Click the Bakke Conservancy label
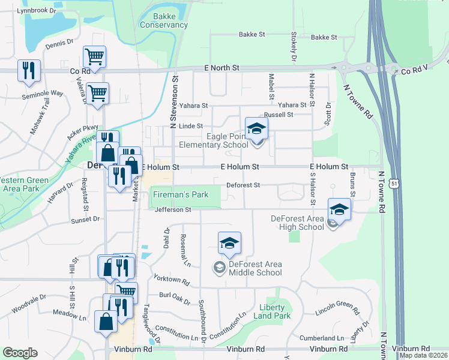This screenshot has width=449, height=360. (163, 20)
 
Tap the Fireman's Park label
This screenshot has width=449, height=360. (180, 195)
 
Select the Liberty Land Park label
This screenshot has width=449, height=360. (272, 311)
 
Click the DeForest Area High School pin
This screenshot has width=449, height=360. (339, 210)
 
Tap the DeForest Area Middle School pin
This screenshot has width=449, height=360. (229, 243)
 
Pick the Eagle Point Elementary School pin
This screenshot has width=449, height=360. (256, 128)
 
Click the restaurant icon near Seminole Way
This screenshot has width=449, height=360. (29, 71)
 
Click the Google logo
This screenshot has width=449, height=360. (20, 353)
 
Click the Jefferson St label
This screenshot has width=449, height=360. (172, 210)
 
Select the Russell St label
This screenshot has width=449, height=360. (279, 115)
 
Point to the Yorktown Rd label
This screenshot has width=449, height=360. (172, 281)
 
